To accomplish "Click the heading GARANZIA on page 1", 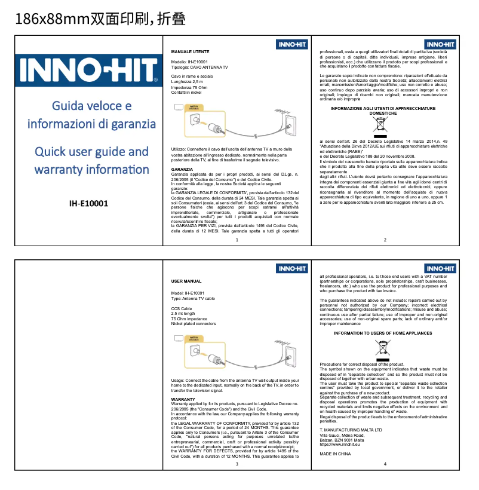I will [x=182, y=170].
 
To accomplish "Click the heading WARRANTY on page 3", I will [x=183, y=399].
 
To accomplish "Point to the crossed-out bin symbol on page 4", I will [x=382, y=349].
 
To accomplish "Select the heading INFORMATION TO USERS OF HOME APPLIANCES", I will [x=382, y=333].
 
